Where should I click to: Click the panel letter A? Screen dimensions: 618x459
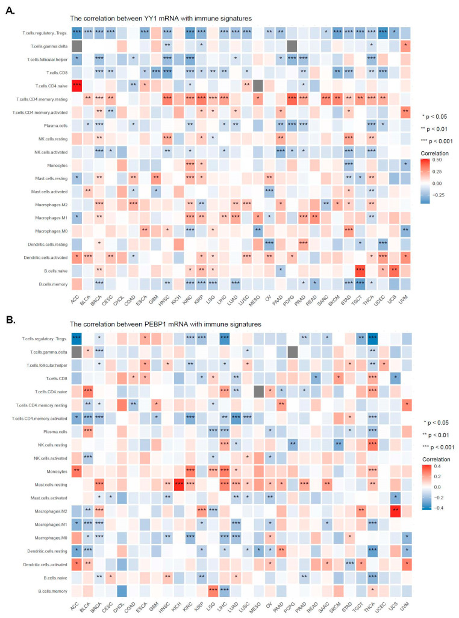10,9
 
